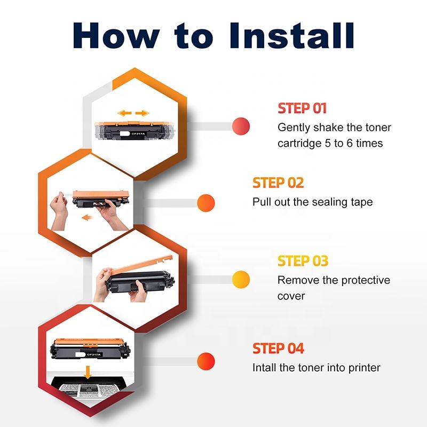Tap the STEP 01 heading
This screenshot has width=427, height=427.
tap(302, 108)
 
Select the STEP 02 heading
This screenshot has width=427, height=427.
tap(278, 183)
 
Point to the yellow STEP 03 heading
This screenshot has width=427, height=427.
tap(303, 261)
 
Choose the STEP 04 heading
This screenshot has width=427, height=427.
tap(278, 349)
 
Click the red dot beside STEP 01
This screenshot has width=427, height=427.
tap(241, 126)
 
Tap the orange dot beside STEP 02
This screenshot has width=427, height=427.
tap(206, 202)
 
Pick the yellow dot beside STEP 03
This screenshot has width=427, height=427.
tap(241, 279)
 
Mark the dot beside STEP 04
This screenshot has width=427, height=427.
tap(206, 361)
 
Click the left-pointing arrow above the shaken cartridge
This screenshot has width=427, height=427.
tap(124, 113)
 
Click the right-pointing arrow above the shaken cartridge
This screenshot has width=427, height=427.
tap(142, 113)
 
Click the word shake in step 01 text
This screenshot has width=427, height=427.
tap(330, 128)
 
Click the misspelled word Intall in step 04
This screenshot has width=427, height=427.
tap(266, 368)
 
